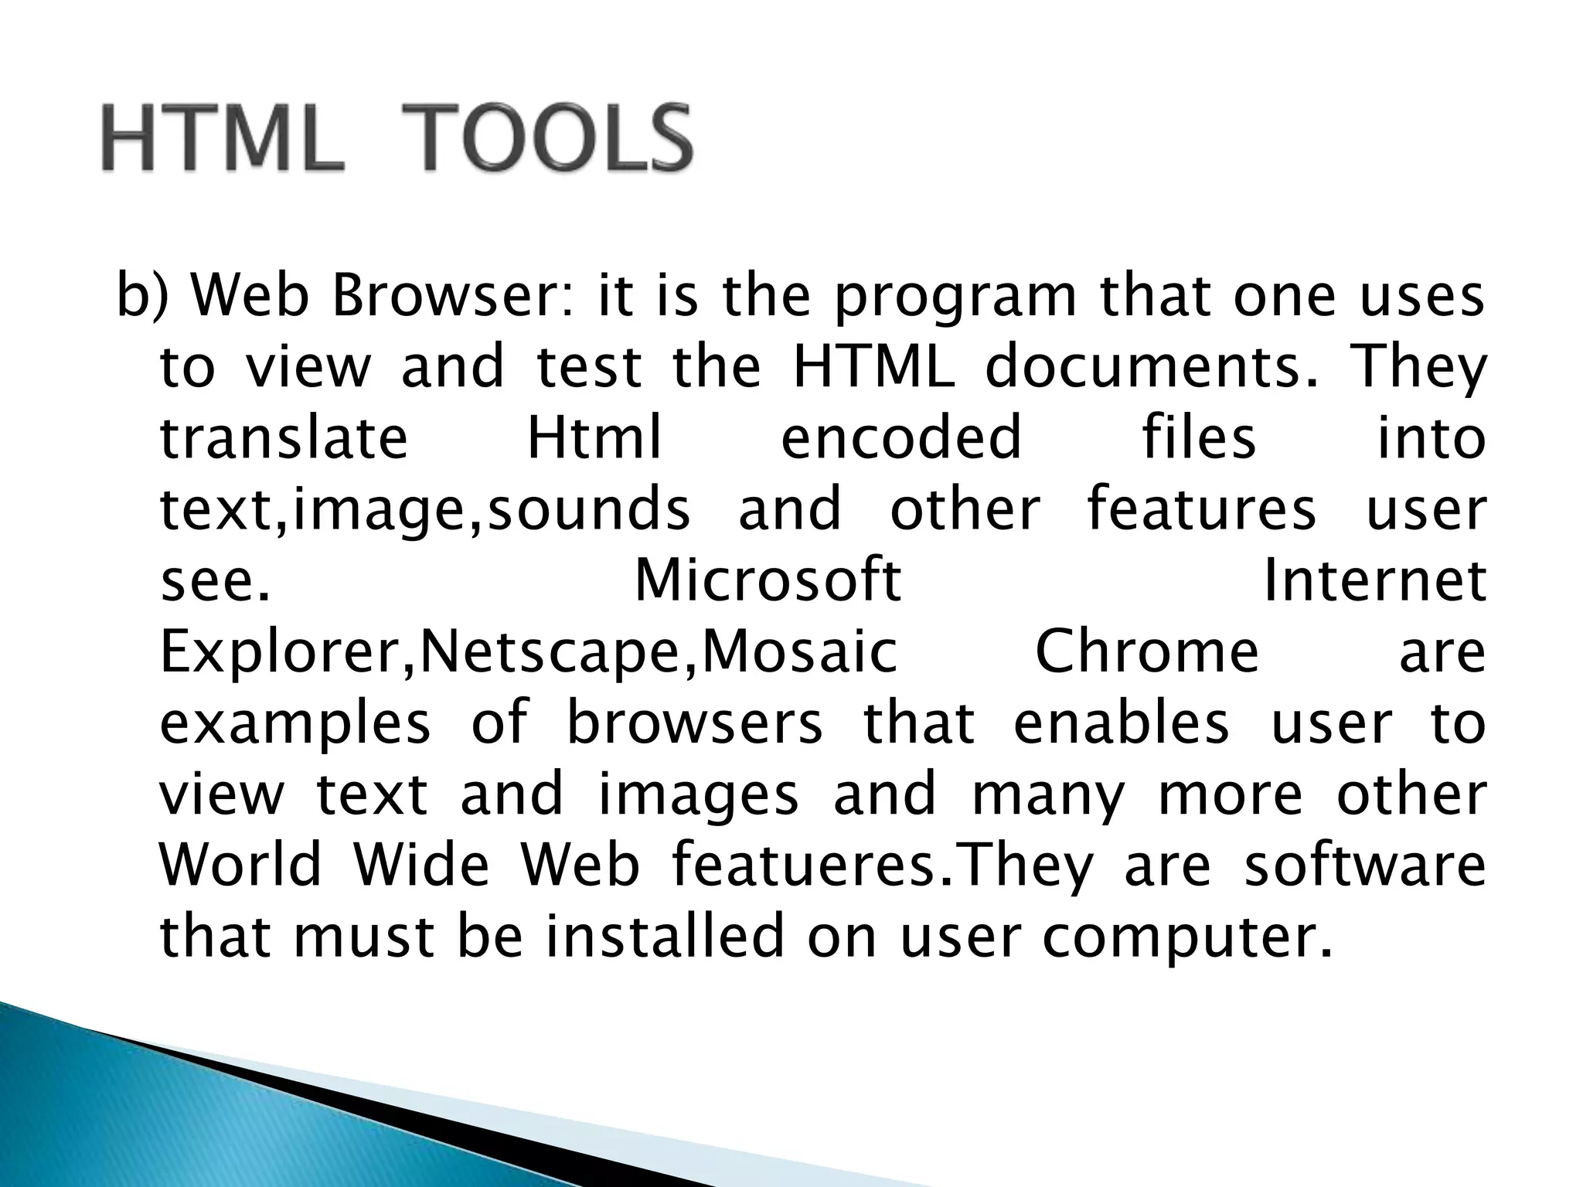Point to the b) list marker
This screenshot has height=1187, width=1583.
[x=141, y=298]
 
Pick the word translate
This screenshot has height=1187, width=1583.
[x=284, y=437]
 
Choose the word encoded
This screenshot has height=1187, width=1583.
[x=901, y=437]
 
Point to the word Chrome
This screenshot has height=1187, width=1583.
[x=1147, y=651]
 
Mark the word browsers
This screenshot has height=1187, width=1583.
[x=695, y=723]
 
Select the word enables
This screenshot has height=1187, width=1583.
[x=1121, y=723]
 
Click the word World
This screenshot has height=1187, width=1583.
[x=240, y=865]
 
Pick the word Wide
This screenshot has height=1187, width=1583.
[x=421, y=865]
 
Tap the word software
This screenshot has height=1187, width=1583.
[x=1365, y=865]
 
